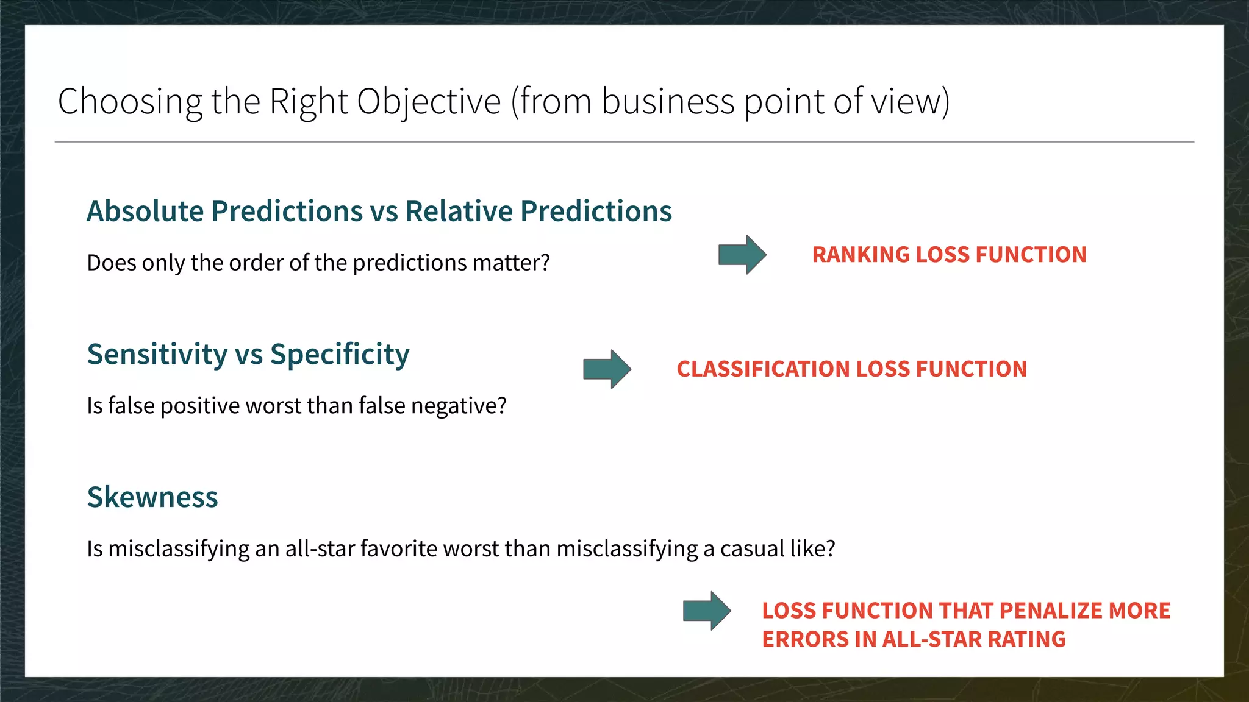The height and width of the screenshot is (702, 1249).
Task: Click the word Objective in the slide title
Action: (428, 101)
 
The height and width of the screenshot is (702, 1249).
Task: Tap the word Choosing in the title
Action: (129, 101)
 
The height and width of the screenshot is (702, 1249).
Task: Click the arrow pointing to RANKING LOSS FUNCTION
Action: (742, 254)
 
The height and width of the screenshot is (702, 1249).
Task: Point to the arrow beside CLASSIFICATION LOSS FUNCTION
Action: (607, 369)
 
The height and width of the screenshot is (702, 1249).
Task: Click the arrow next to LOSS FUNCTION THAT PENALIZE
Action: (707, 610)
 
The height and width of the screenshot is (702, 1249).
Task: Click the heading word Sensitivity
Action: (157, 355)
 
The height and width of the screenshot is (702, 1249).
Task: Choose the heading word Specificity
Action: (340, 355)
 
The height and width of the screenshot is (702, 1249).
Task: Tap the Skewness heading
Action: (152, 497)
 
